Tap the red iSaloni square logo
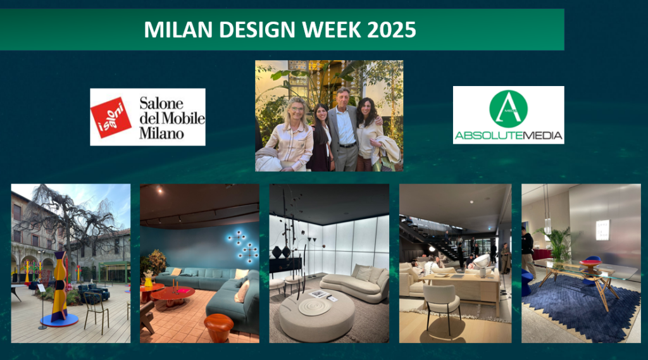pos(111,118)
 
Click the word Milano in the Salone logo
pos(161,133)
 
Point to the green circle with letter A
pos(508,109)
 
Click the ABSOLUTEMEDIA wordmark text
pos(508,135)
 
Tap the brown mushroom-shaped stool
pos(218,327)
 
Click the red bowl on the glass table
pos(591,263)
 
